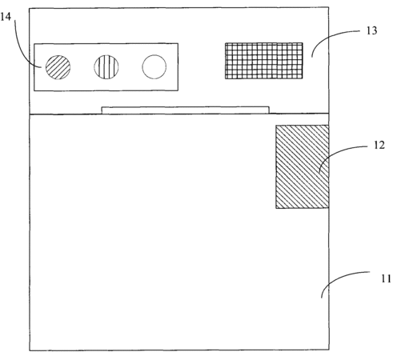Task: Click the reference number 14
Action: pyautogui.click(x=6, y=17)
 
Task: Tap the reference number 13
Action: pyautogui.click(x=371, y=30)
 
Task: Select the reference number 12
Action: pyautogui.click(x=379, y=145)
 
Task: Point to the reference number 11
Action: pyautogui.click(x=386, y=278)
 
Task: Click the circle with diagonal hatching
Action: pyautogui.click(x=58, y=67)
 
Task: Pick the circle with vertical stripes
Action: pyautogui.click(x=106, y=66)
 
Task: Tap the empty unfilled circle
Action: pyautogui.click(x=154, y=66)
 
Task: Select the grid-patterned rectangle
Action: pyautogui.click(x=264, y=61)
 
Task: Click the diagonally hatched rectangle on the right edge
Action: pyautogui.click(x=303, y=166)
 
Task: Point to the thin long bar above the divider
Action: pyautogui.click(x=185, y=110)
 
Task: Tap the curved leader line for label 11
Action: pyautogui.click(x=339, y=278)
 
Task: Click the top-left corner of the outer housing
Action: pyautogui.click(x=30, y=8)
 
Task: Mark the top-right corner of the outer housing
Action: pyautogui.click(x=328, y=7)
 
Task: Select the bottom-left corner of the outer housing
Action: pyautogui.click(x=30, y=350)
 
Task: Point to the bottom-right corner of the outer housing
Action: pyautogui.click(x=329, y=350)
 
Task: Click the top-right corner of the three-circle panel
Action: pyautogui.click(x=178, y=43)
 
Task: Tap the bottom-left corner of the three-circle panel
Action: pyautogui.click(x=34, y=90)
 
